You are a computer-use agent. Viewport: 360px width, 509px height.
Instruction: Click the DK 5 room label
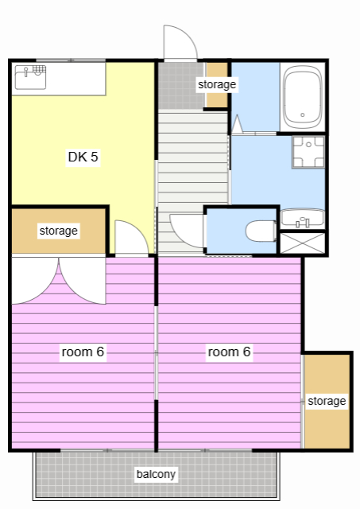click(x=83, y=157)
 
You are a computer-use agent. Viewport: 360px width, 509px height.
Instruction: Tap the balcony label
click(x=156, y=474)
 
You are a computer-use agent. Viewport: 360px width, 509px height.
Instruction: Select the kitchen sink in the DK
click(x=30, y=77)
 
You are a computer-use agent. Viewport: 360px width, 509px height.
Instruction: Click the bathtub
click(x=303, y=97)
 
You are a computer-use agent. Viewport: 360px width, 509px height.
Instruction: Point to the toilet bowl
click(x=261, y=231)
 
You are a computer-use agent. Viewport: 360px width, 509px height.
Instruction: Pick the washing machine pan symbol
click(x=308, y=152)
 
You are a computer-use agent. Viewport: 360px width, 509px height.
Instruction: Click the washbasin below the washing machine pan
click(x=302, y=218)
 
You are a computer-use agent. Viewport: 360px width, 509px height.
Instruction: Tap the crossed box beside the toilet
click(x=302, y=243)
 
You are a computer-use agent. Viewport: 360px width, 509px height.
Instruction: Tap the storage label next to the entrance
click(x=217, y=84)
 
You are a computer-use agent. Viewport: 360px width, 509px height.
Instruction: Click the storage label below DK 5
click(x=58, y=231)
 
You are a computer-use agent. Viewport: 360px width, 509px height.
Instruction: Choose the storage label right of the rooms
click(x=327, y=401)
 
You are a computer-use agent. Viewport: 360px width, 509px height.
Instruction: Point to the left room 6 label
click(x=83, y=352)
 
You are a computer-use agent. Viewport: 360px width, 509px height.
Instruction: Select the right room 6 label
click(x=229, y=352)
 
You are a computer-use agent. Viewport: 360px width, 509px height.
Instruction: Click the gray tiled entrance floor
click(x=181, y=85)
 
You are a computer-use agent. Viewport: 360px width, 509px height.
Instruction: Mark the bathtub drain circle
click(x=303, y=115)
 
